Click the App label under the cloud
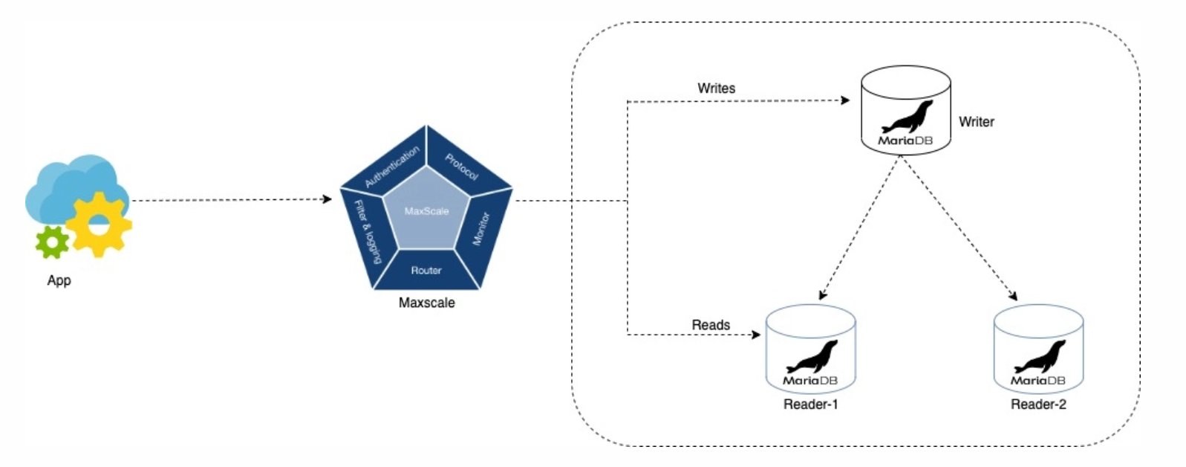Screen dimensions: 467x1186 click(x=59, y=280)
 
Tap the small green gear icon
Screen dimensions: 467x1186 click(x=52, y=242)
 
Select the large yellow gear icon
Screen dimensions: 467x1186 click(x=99, y=225)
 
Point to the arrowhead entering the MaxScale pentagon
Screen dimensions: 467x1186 click(x=328, y=199)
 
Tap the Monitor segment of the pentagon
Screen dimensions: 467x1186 click(x=482, y=228)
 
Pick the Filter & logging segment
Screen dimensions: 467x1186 click(x=367, y=231)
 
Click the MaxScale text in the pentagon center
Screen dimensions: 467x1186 click(x=426, y=211)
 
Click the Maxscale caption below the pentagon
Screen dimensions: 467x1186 click(x=426, y=303)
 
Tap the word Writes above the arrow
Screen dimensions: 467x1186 click(x=716, y=88)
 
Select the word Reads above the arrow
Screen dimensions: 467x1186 click(x=711, y=325)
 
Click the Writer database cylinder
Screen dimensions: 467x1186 click(x=905, y=112)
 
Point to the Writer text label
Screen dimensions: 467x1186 click(x=976, y=122)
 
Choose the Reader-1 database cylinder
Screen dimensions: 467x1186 click(x=810, y=350)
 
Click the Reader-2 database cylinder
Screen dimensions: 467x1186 click(x=1038, y=350)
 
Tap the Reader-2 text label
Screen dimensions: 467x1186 click(x=1038, y=405)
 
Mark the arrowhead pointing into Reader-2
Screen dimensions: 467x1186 click(x=1014, y=297)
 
